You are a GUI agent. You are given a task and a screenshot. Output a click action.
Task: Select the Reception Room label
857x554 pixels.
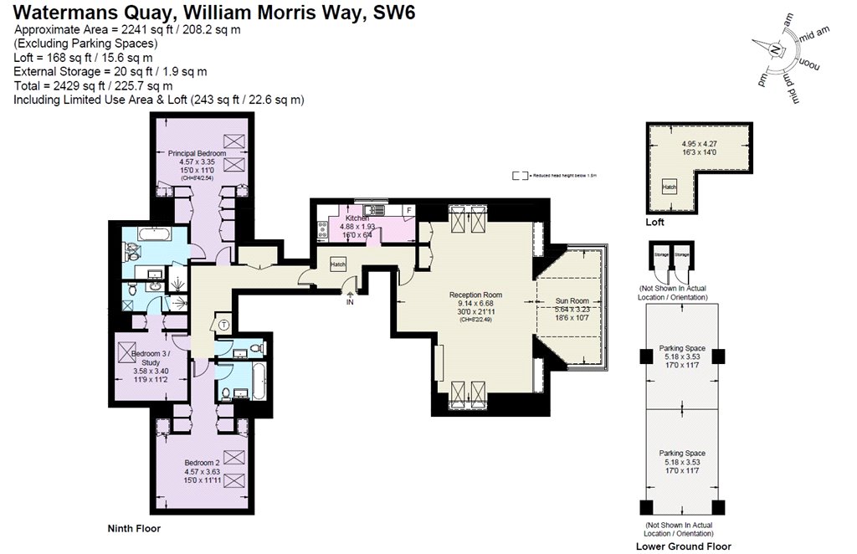click(475, 295)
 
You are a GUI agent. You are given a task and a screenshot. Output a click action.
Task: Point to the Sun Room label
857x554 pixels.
click(572, 300)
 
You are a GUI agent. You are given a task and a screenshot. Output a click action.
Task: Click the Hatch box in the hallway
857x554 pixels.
click(338, 264)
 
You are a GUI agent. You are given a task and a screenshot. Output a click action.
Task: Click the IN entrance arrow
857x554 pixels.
click(351, 299)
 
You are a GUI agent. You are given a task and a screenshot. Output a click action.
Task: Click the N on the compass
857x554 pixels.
click(776, 50)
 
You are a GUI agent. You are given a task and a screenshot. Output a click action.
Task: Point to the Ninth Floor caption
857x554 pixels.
click(133, 528)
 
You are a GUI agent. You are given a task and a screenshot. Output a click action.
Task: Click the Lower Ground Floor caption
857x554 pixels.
click(683, 546)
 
